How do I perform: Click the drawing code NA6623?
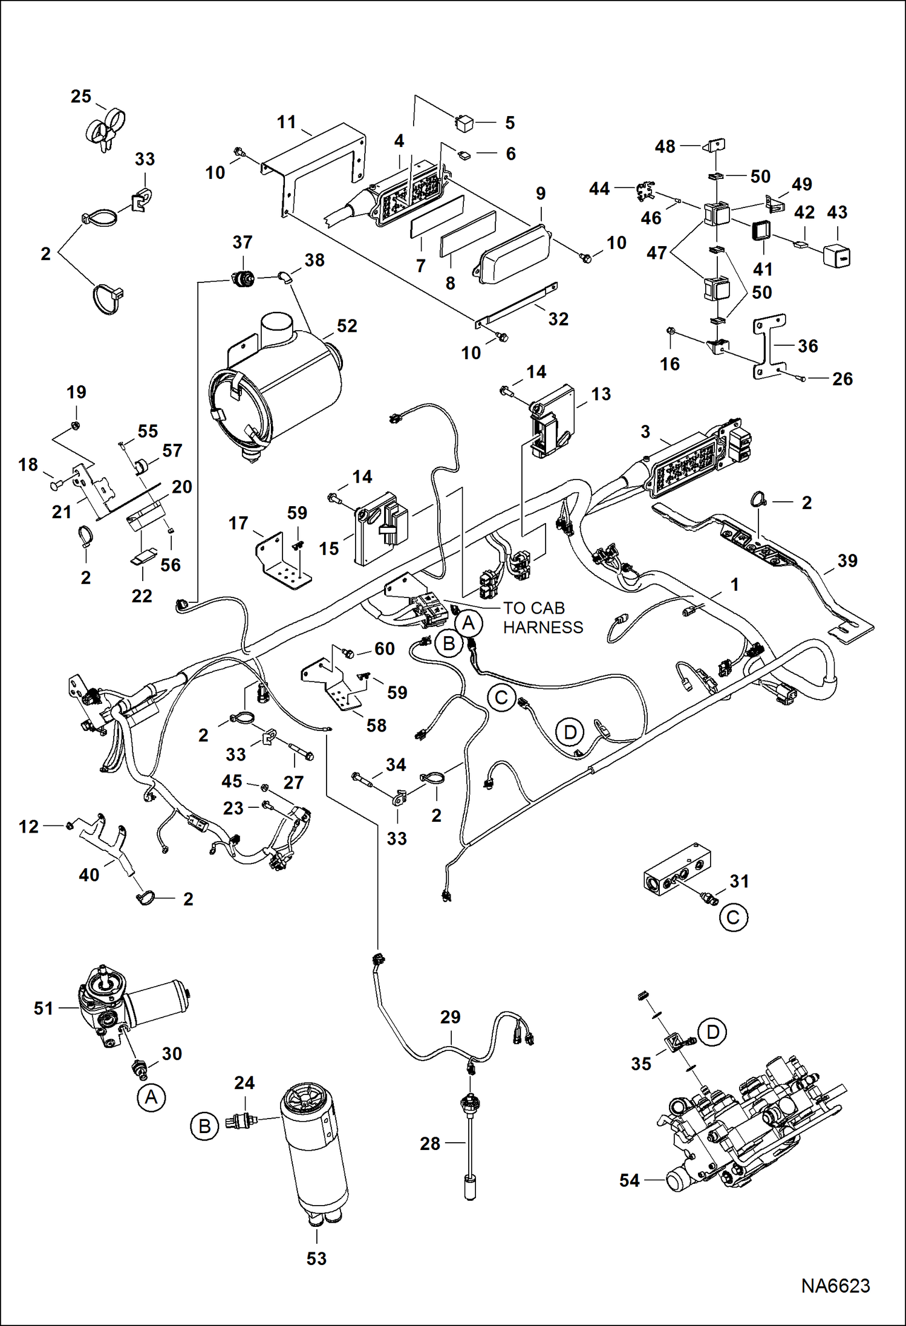[x=835, y=1285]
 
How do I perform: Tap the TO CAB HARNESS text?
[x=543, y=618]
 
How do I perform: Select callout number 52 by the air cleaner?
[x=347, y=326]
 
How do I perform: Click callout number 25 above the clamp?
[x=81, y=97]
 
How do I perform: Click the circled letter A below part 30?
[x=151, y=1097]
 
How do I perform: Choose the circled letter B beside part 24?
[x=204, y=1126]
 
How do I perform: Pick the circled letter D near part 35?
[x=712, y=1032]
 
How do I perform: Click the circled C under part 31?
[x=733, y=918]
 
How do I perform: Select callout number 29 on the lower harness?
[x=450, y=1017]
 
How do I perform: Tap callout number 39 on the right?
[x=847, y=561]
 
